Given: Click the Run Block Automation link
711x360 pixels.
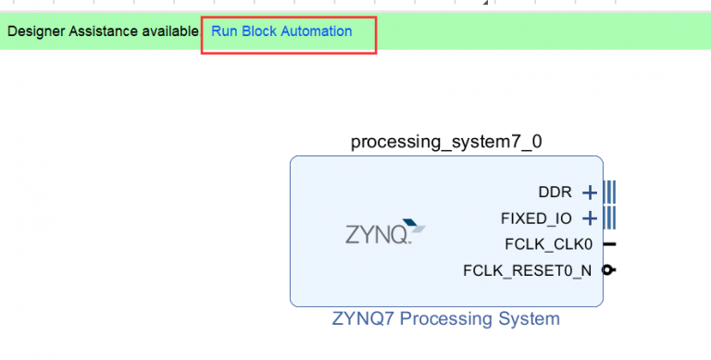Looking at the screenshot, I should click(281, 31).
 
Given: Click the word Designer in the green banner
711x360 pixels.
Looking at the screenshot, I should click(36, 31).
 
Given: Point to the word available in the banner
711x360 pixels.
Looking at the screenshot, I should click(168, 31).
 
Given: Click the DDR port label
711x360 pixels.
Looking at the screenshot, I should click(555, 192).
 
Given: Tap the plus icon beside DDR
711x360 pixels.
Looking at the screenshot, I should click(589, 192).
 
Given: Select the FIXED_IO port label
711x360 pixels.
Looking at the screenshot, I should click(536, 218).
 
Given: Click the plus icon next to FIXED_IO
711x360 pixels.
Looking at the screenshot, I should click(589, 218).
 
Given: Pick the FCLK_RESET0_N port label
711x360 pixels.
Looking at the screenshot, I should click(527, 270).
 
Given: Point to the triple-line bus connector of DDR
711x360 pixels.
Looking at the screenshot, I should click(609, 192).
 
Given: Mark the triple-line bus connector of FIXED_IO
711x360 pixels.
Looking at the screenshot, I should click(609, 218).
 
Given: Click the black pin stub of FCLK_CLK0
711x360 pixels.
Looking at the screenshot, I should click(609, 244).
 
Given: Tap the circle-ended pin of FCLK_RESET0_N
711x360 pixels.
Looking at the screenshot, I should click(609, 270).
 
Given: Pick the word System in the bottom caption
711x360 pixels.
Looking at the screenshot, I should click(531, 319).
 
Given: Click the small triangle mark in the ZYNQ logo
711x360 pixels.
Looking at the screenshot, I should click(419, 227).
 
